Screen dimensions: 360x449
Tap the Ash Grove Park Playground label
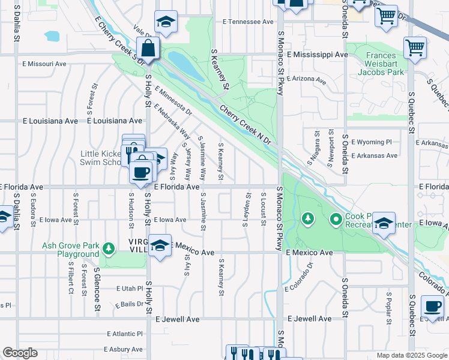(x=70, y=250)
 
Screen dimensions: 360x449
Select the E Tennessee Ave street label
(x=248, y=22)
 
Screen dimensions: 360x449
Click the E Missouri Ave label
(x=44, y=64)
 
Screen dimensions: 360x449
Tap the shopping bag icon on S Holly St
(x=148, y=47)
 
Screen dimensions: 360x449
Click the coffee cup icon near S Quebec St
(x=432, y=306)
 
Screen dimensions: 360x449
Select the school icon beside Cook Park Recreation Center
(x=384, y=223)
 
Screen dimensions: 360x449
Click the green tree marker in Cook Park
(x=308, y=218)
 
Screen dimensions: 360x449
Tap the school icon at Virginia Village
(x=160, y=245)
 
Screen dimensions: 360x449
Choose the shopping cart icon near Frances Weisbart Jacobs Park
(x=415, y=47)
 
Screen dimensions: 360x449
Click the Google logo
(x=20, y=353)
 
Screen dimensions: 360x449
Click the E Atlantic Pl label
(x=124, y=334)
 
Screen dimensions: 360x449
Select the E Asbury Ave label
(x=125, y=349)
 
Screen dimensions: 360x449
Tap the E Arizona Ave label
(x=306, y=79)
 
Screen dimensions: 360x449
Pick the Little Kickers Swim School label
(x=101, y=158)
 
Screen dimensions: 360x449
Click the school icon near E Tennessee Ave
(x=166, y=22)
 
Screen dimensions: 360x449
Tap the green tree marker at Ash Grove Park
(x=109, y=248)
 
